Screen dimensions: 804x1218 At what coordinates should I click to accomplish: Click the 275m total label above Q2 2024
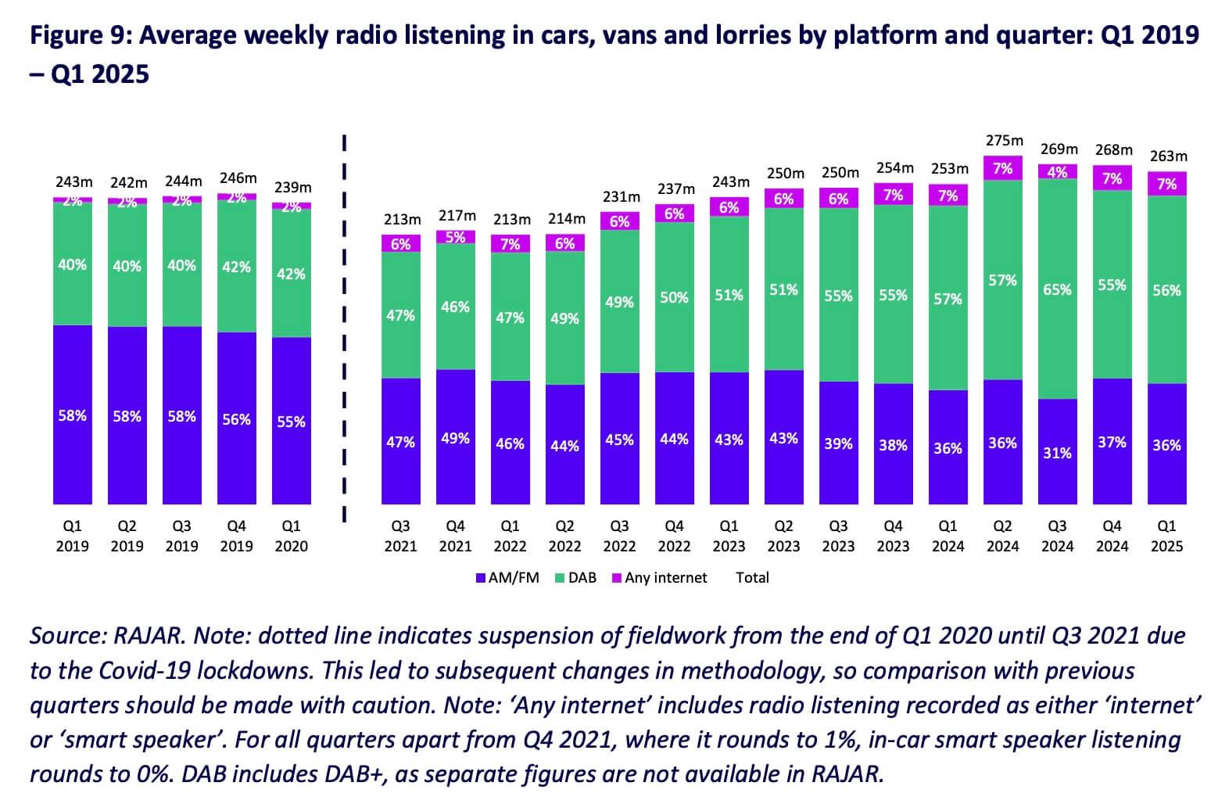click(1004, 141)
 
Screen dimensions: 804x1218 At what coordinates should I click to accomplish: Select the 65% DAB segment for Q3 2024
click(1058, 289)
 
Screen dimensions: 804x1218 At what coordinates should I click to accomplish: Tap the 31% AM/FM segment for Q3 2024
click(1058, 452)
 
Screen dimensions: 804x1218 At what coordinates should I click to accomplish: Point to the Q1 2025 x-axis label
click(1166, 537)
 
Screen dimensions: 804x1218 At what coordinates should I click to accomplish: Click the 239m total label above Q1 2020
click(292, 188)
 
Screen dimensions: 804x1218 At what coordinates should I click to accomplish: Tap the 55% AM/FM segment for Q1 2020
click(292, 422)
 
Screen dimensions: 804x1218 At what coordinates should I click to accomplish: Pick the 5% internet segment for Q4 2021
click(456, 237)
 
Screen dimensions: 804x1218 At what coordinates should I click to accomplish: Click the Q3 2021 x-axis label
click(400, 537)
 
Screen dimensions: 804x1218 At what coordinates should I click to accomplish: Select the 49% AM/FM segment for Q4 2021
click(456, 438)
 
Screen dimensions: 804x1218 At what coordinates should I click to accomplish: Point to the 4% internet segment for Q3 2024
click(1058, 172)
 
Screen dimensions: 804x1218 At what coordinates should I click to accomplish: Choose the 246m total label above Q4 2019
click(238, 178)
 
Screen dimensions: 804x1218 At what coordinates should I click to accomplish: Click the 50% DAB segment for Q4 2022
click(674, 297)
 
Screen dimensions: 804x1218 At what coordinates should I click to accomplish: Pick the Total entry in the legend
click(752, 578)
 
